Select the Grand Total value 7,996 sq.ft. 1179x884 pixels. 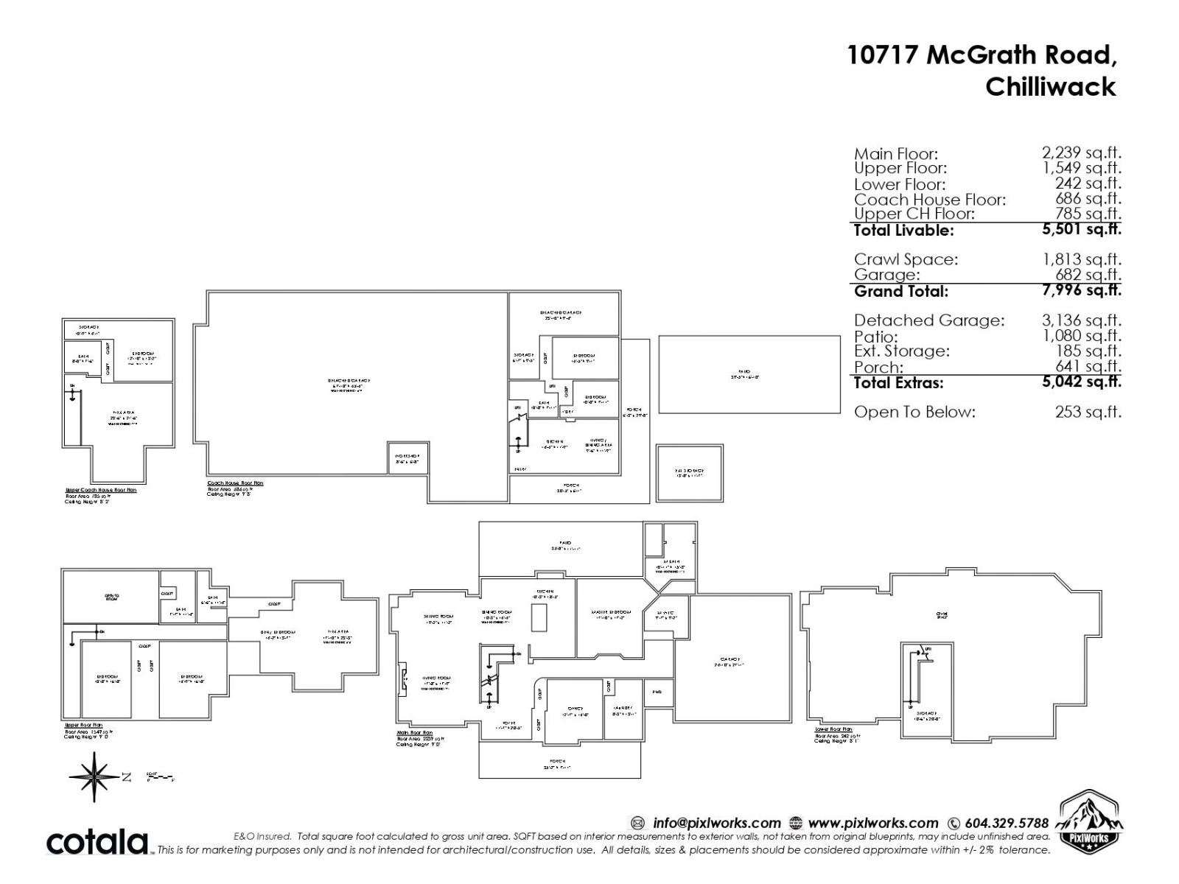(x=1081, y=290)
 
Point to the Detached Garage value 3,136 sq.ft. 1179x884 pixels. (x=1081, y=320)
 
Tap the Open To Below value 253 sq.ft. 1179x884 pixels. (x=1088, y=412)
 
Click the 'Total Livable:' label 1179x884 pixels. (x=903, y=230)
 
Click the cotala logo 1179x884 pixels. (x=97, y=842)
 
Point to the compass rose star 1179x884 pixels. (x=94, y=776)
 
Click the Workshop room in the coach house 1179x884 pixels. (x=407, y=458)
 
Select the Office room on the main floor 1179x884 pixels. (x=575, y=710)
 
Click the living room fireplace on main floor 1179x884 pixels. (x=403, y=678)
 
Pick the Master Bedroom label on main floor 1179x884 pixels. (x=611, y=612)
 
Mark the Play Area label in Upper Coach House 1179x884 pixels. (x=123, y=413)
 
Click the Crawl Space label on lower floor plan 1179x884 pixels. (x=941, y=615)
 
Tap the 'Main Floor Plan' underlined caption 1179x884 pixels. (x=415, y=733)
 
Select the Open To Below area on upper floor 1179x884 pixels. (x=111, y=597)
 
